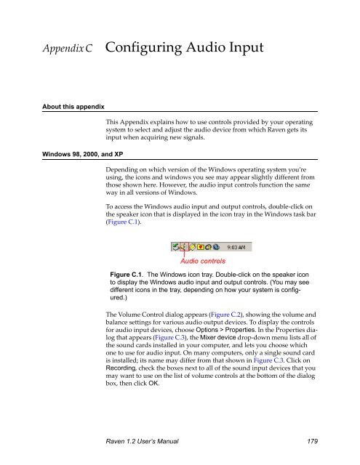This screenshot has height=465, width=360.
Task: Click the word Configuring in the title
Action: coord(146,49)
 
